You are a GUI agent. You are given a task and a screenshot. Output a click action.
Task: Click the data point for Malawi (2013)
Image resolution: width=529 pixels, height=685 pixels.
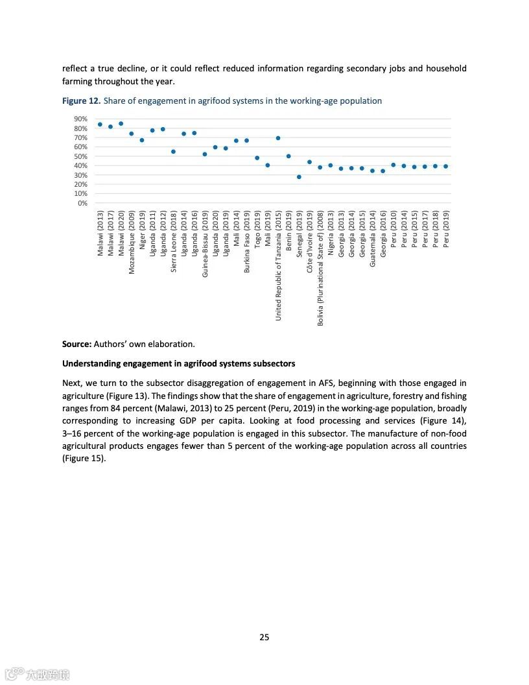tap(100, 124)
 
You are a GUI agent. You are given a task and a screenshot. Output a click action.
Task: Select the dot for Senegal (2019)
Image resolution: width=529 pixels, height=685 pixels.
tap(299, 176)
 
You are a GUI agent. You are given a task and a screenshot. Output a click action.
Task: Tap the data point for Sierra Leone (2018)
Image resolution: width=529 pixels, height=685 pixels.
tap(173, 151)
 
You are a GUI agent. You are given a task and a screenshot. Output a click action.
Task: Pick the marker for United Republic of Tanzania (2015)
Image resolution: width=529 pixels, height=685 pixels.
tap(278, 138)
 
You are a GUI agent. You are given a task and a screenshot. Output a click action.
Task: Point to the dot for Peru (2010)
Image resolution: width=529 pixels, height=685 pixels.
tap(394, 165)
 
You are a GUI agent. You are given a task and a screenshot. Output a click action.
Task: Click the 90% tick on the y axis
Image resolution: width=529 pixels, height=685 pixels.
tap(80, 119)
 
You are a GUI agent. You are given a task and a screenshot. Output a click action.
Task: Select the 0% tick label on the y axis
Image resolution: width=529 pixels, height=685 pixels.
tap(82, 203)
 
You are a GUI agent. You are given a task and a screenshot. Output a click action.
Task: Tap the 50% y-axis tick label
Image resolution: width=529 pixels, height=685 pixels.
tap(80, 156)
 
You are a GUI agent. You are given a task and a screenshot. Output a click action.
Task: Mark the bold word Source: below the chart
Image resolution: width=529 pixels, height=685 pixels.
tap(76, 344)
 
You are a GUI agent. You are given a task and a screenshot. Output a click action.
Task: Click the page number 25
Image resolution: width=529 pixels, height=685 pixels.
tap(264, 637)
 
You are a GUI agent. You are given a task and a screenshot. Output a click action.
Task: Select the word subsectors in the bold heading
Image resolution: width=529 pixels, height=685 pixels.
tap(274, 363)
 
